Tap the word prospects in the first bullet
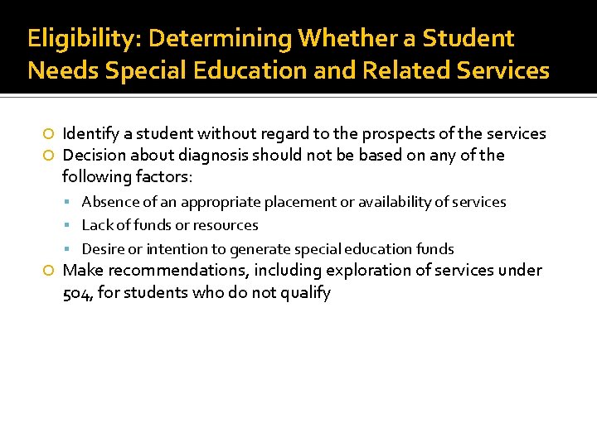(396, 134)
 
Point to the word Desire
(102, 249)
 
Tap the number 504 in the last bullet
(77, 292)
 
